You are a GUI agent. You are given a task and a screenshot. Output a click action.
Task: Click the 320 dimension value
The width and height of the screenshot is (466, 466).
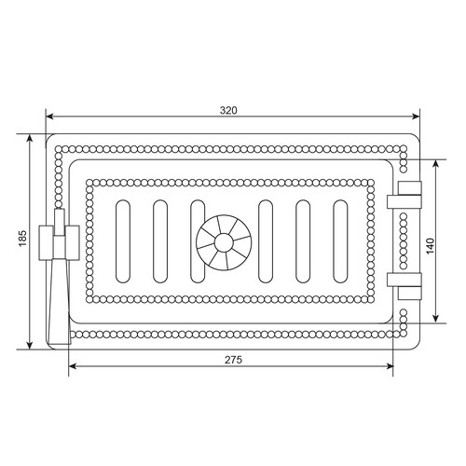tap(228, 111)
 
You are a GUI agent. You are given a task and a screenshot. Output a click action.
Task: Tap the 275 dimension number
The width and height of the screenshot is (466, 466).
tap(233, 360)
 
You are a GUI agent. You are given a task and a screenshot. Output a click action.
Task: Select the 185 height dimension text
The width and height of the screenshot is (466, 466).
tap(23, 239)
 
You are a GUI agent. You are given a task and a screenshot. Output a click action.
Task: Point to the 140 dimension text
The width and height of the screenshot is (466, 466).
tap(430, 246)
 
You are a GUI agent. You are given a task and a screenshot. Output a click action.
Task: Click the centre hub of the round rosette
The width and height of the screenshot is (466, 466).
tap(224, 242)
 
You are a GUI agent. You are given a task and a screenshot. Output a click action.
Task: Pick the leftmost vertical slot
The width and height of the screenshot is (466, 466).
tap(123, 241)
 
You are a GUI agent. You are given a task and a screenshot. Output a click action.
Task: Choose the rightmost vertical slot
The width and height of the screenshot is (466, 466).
tap(340, 241)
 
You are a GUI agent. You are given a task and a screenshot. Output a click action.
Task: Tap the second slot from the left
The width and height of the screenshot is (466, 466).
tap(160, 241)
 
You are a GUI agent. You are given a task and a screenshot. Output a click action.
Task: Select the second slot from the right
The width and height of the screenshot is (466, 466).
tap(303, 241)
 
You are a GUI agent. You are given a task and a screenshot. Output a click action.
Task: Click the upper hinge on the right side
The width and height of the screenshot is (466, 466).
tap(404, 195)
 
